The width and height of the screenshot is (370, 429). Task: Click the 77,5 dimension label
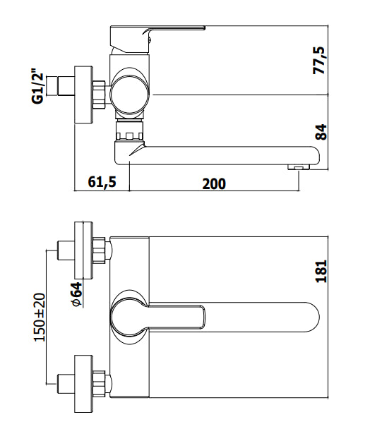pos(319,61)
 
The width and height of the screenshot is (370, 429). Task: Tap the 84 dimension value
pos(321,133)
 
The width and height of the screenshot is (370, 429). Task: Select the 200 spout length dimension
pos(214,184)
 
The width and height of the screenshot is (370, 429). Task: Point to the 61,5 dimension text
pos(102,182)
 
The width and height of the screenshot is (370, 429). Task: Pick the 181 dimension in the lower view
pos(321,271)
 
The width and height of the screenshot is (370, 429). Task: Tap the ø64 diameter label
pos(76,294)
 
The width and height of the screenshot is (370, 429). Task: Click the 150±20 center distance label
pos(39,317)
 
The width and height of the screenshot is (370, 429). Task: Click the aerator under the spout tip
pos(299,167)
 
